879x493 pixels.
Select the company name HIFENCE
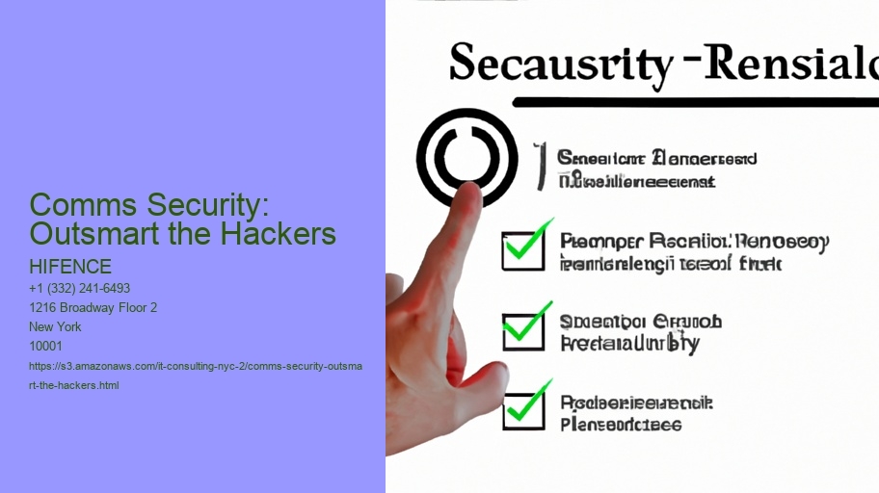70,267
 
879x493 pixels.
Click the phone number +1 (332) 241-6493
80,289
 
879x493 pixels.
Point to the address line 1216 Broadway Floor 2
93,308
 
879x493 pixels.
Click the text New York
56,326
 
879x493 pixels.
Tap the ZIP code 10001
46,346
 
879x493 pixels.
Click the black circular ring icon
467,158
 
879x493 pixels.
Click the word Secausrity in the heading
559,65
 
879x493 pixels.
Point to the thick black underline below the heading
694,101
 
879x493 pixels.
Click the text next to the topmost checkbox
692,252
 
